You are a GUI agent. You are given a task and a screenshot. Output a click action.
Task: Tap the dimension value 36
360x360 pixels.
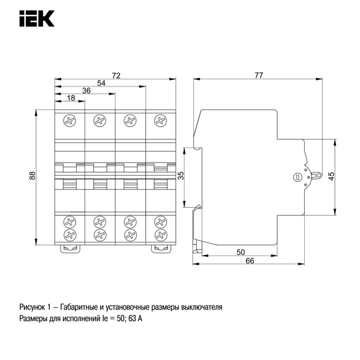(86, 91)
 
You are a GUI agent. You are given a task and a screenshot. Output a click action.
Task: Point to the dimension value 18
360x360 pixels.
(71, 98)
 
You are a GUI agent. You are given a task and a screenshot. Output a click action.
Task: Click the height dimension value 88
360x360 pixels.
(33, 176)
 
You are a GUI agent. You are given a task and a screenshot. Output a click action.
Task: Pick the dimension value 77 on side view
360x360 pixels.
(259, 75)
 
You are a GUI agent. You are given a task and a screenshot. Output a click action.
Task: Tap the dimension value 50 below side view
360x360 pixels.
(240, 252)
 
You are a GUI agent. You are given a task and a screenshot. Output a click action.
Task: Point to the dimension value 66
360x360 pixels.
(250, 260)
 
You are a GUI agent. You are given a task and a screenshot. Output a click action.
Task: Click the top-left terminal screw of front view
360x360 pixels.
(70, 122)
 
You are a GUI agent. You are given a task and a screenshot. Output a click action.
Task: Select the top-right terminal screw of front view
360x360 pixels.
(160, 122)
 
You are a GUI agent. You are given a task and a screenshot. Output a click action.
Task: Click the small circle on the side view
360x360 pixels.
(295, 178)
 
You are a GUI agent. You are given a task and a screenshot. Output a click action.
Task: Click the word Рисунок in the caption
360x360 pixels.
(34, 307)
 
